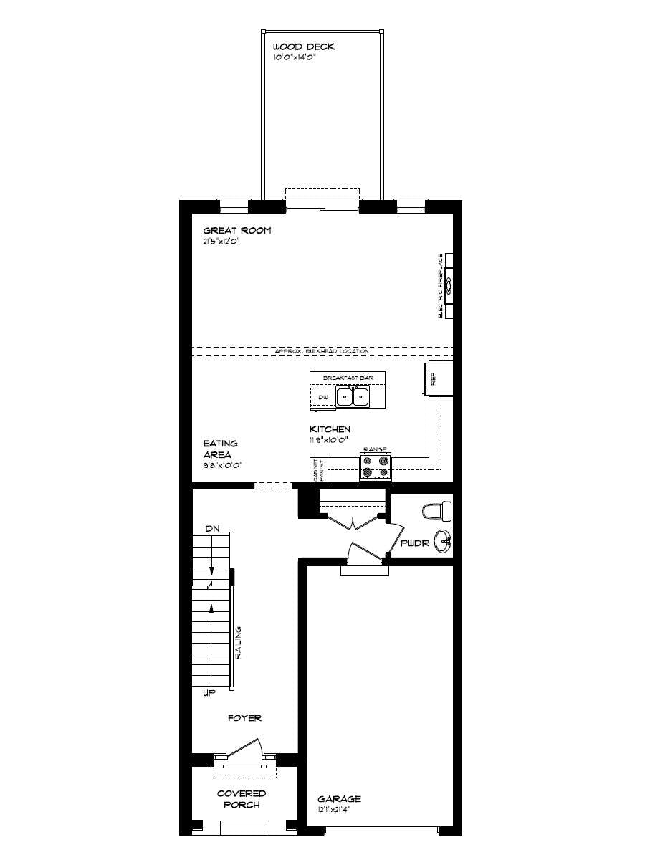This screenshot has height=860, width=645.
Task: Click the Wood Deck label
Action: (x=303, y=47)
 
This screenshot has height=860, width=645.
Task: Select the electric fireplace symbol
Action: (x=449, y=286)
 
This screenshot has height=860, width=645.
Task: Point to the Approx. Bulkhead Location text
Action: (x=322, y=351)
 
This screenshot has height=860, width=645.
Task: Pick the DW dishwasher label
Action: (x=322, y=396)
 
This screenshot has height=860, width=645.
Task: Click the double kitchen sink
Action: (x=353, y=396)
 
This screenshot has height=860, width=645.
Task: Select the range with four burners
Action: (x=376, y=467)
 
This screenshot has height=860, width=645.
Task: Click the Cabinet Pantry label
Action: (x=315, y=471)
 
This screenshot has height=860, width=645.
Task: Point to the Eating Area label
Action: (x=220, y=449)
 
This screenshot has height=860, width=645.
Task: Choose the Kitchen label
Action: (x=330, y=429)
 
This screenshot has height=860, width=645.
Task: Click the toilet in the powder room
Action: (x=437, y=511)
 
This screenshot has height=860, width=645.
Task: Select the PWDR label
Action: (x=414, y=543)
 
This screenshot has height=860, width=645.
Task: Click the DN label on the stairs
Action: (x=211, y=528)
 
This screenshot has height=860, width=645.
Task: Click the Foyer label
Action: (x=244, y=717)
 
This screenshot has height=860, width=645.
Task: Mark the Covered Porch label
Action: (x=242, y=799)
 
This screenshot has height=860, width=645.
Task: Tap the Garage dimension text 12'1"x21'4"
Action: (x=340, y=809)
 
